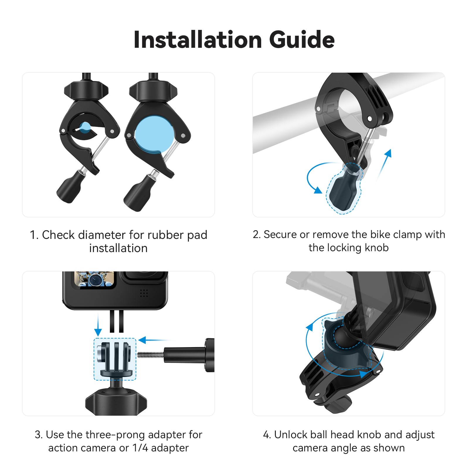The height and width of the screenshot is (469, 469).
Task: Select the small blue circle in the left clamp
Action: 85,127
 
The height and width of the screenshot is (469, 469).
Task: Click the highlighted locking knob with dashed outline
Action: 344,188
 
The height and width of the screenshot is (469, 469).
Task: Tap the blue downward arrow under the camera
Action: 98,325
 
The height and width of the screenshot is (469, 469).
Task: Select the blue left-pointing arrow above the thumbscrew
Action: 152,340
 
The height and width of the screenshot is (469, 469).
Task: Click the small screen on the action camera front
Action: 94,279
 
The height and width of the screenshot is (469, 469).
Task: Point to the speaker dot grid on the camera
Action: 144,293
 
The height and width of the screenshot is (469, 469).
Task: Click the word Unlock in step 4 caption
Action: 290,435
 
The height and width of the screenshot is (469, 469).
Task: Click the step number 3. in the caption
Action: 39,435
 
